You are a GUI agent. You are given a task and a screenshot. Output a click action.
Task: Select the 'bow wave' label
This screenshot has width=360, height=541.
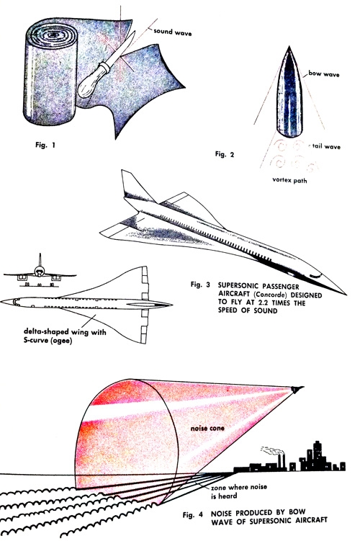(x=324, y=73)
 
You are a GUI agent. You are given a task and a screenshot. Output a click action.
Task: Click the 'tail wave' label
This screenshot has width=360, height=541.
(x=326, y=146)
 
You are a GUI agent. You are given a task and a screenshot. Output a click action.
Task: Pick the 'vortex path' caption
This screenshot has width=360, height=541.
(x=289, y=180)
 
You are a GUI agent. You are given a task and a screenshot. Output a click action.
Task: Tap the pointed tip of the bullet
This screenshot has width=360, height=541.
(x=289, y=47)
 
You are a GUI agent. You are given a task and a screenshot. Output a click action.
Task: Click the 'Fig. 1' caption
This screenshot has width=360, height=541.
(x=45, y=145)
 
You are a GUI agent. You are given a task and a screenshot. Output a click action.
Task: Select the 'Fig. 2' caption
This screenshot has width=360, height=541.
(x=225, y=154)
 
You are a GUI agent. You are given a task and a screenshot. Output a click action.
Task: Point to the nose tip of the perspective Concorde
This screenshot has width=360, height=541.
(x=344, y=295)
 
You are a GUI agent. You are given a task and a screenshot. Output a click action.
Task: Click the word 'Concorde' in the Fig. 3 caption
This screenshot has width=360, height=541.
(x=270, y=295)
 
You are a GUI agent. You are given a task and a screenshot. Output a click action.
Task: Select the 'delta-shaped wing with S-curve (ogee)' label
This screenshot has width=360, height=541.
(x=65, y=336)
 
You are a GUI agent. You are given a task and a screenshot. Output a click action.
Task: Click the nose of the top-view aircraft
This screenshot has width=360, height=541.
(x=3, y=302)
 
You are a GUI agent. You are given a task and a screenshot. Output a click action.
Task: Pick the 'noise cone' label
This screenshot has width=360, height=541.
(x=207, y=428)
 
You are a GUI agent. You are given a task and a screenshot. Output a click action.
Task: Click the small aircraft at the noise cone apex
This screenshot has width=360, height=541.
(x=297, y=390)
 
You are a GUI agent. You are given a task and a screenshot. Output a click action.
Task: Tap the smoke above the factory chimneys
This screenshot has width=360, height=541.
(x=272, y=450)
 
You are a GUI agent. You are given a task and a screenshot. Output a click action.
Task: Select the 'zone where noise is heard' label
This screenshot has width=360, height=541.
(x=239, y=491)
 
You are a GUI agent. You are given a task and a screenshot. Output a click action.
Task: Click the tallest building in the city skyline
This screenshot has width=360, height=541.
(x=318, y=455)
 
